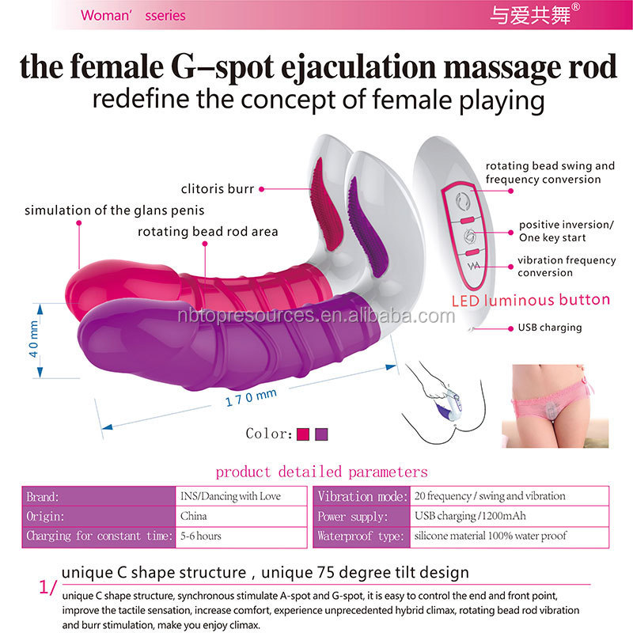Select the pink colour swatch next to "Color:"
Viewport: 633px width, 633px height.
click(302, 434)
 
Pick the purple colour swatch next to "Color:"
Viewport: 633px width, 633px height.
click(321, 434)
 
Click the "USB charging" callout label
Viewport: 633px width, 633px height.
click(550, 328)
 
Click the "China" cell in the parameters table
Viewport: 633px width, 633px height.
click(194, 516)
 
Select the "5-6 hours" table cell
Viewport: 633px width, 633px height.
click(201, 536)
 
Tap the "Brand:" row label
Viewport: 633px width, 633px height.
click(43, 496)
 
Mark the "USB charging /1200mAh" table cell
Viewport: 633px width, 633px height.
click(462, 516)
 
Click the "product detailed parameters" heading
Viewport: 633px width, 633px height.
click(321, 472)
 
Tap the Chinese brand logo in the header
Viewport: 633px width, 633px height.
click(532, 14)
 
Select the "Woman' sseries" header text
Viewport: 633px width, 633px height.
click(133, 15)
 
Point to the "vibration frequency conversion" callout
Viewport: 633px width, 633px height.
click(565, 266)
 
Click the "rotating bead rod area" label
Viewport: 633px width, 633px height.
click(207, 232)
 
